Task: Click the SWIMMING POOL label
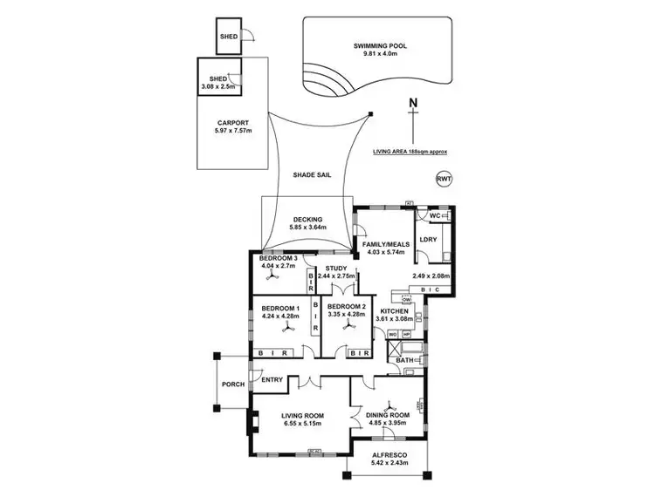tap(380, 45)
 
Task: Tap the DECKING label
tap(307, 219)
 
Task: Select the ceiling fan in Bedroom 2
tap(347, 330)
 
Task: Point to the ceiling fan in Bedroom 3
tap(272, 274)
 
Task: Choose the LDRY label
tap(428, 239)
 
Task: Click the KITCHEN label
tap(394, 310)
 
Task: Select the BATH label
tap(404, 358)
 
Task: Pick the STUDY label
tap(336, 268)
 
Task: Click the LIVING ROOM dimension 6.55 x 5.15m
tap(301, 423)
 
